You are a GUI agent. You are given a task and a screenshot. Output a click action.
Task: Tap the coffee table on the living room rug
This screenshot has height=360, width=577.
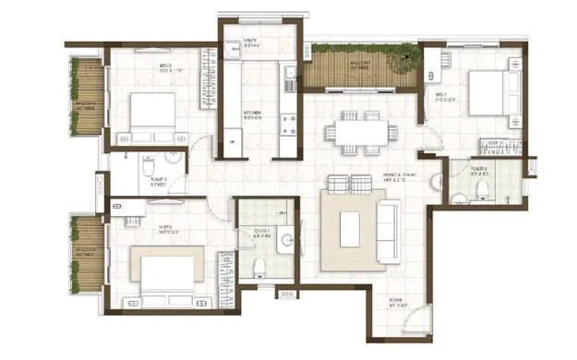[349, 229]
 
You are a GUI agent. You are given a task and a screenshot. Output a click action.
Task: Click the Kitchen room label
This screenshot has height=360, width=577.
[253, 114]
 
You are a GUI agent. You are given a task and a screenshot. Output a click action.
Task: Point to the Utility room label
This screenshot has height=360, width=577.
[249, 42]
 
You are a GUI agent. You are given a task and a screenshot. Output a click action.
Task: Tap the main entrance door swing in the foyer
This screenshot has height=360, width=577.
[417, 318]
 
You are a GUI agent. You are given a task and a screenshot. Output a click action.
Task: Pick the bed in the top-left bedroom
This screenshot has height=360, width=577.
[151, 113]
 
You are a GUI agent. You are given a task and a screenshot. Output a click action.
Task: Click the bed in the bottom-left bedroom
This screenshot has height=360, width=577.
[167, 273]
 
